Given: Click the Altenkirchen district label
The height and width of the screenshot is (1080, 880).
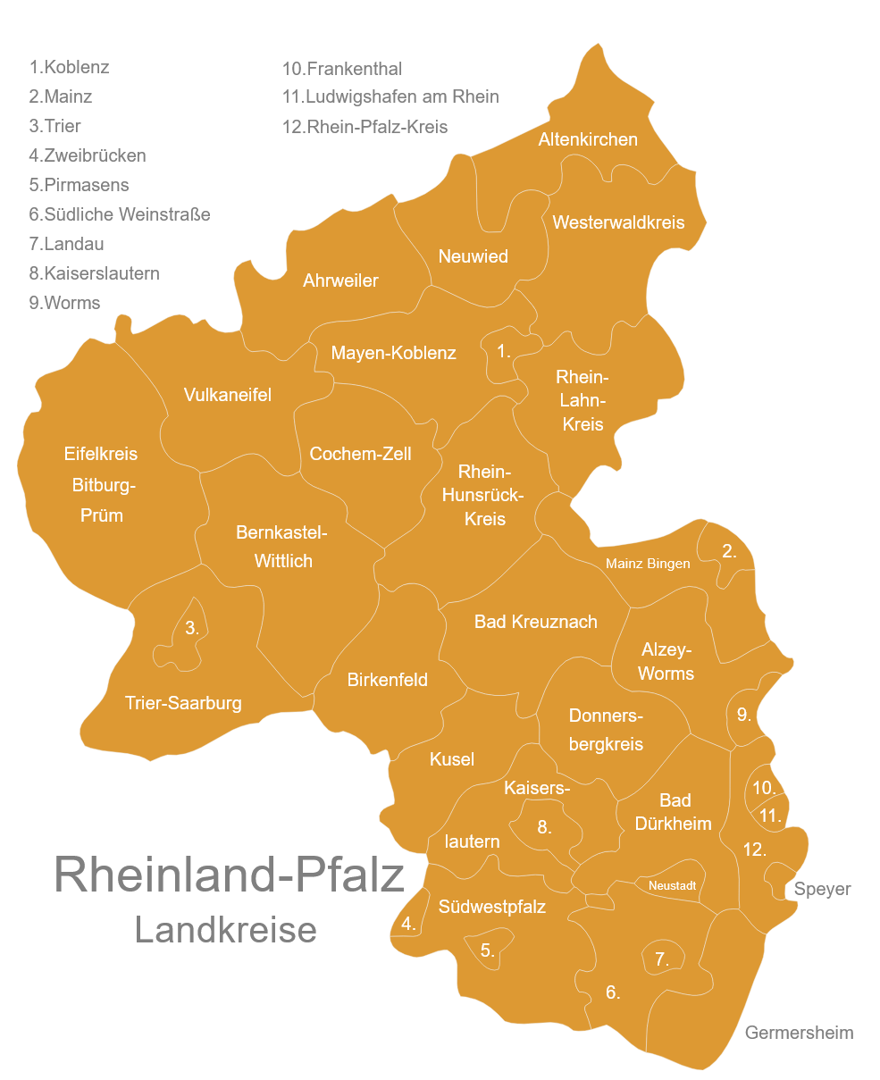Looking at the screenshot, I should point(588,139).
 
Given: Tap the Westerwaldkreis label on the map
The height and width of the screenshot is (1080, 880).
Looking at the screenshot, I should point(618,222).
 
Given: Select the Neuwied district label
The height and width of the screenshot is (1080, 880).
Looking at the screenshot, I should point(473,256).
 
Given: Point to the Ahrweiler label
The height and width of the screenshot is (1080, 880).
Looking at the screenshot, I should point(340,280).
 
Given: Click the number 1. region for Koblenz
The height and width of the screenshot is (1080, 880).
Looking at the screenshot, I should point(504,351).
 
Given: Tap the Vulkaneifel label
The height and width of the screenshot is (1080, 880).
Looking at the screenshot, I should point(227,395).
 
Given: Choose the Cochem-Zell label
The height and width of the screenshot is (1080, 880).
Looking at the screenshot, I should point(360,454).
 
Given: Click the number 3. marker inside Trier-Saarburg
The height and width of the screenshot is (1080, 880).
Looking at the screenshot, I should point(191,628).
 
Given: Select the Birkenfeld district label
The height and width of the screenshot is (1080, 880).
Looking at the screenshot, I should point(387,680).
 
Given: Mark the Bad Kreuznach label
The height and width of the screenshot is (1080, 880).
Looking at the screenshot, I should point(535,622).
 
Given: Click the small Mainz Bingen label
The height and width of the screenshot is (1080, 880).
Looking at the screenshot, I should point(647,564).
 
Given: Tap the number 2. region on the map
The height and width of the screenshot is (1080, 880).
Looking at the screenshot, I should point(729,551).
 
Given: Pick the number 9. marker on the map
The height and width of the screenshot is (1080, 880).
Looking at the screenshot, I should point(743,715).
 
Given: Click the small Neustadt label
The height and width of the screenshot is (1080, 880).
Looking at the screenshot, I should point(672,885).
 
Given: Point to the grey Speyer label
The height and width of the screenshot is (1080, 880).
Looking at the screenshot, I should point(822,889).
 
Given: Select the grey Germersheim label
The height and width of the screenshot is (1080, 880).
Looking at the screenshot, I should point(799,1033).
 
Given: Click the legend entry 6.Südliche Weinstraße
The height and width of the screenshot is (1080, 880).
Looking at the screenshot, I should point(120,214).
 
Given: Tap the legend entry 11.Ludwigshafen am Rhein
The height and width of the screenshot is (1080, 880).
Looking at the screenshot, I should point(390,96).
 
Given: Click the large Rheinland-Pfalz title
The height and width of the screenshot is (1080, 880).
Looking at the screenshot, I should point(230,874).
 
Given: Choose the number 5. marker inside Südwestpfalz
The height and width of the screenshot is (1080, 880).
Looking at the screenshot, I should point(487,950).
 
